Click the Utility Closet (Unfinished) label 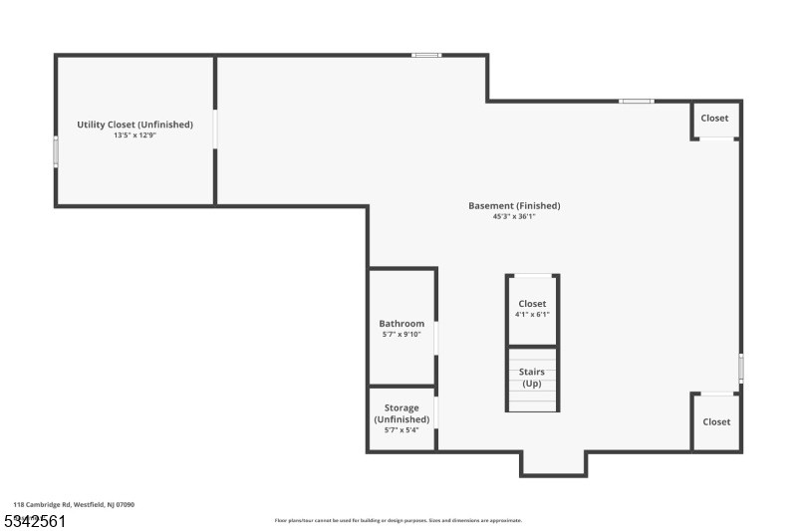134,125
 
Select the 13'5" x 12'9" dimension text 134,134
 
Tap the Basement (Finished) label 514,206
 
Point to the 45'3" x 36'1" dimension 514,216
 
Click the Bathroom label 401,324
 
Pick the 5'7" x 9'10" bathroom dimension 401,335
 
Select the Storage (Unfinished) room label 401,413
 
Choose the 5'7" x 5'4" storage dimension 401,430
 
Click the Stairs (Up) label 532,378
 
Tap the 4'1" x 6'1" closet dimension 532,315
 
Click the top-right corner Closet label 714,118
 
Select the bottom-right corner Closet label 716,421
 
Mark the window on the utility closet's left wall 56,152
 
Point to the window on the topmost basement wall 426,55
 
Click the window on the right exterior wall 740,367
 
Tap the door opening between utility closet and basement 215,130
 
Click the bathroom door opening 436,338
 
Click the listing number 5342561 36,520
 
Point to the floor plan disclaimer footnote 398,520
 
